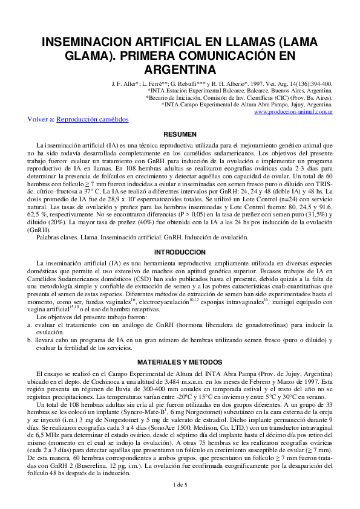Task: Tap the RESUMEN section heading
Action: tap(180, 134)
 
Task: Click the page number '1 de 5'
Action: tap(180, 501)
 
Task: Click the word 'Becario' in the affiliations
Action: tap(161, 97)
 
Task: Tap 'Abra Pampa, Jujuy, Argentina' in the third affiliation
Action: tap(293, 104)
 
